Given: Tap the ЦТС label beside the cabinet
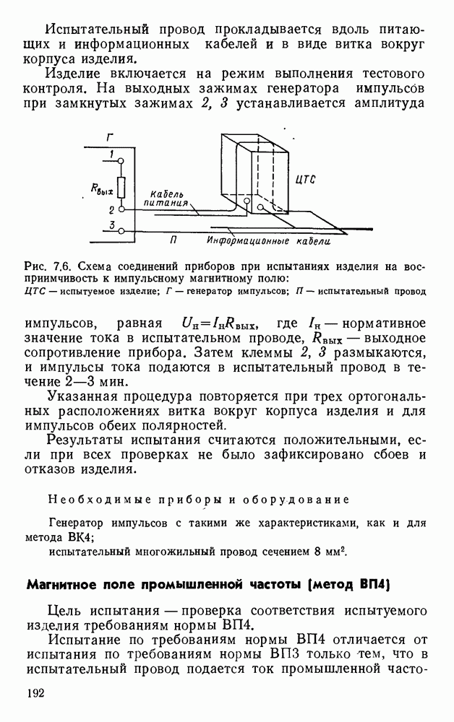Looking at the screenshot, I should (306, 180).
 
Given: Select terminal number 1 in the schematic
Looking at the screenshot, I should (111, 154).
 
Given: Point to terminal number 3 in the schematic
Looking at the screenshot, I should (111, 225).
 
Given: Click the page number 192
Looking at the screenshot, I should (37, 693).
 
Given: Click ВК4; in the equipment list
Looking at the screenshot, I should (74, 536).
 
